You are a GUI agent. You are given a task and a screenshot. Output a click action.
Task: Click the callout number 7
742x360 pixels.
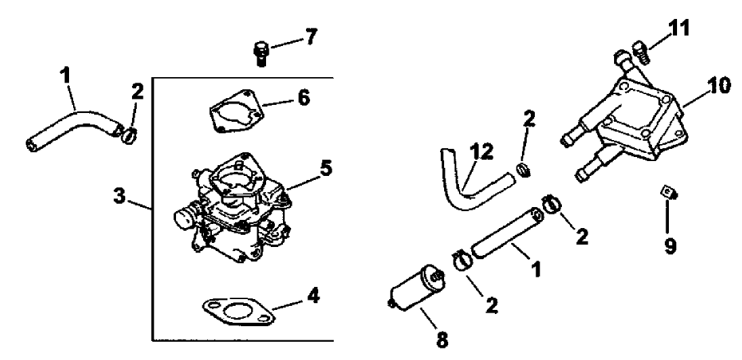pos(310,37)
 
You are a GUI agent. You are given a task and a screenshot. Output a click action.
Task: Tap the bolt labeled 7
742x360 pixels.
pos(261,52)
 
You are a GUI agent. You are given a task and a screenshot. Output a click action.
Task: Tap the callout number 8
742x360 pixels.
pos(441,339)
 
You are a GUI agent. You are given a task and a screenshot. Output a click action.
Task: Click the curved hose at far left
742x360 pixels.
pos(71,127)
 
